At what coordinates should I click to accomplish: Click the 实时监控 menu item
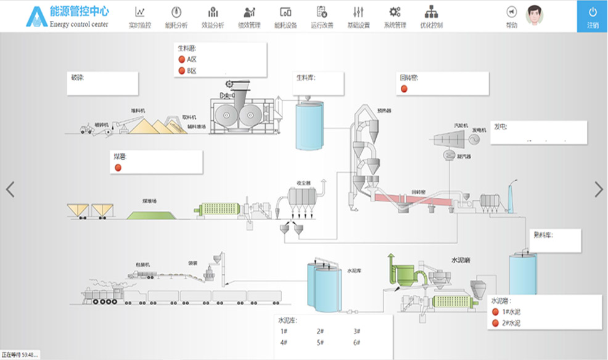140,17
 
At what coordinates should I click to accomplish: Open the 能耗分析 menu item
176,17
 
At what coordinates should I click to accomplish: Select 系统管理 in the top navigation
395,17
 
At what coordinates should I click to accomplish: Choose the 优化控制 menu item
431,17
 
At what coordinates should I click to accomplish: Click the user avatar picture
536,15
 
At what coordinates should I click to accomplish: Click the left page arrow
10,189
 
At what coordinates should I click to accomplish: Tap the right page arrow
598,189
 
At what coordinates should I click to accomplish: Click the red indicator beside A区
182,59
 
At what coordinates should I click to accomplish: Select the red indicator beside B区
182,71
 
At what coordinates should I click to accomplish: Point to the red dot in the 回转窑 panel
405,89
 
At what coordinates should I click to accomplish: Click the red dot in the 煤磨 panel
118,167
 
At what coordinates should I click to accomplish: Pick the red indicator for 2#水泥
495,323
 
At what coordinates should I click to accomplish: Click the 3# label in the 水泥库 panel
356,332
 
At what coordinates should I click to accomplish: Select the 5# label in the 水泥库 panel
320,342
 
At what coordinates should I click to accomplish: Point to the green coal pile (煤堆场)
150,213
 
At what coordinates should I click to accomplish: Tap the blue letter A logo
36,17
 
